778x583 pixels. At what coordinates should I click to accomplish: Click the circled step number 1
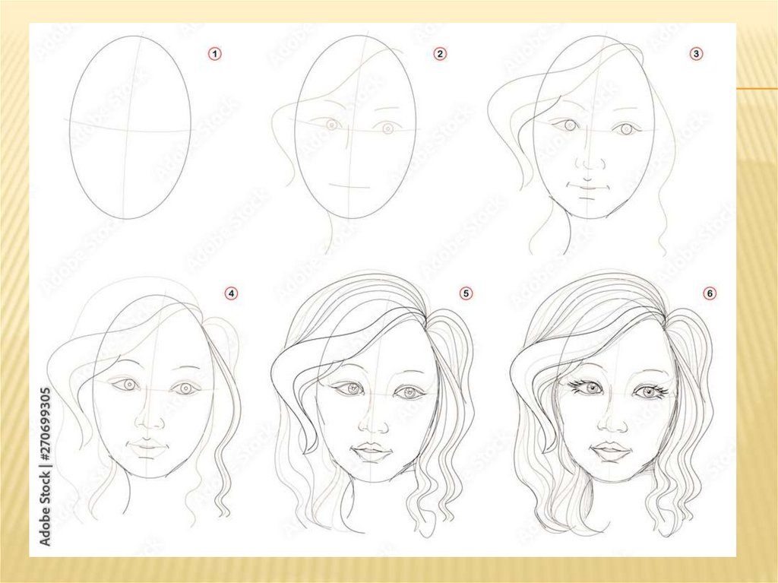tap(214, 54)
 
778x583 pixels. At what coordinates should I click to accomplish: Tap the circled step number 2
tap(440, 54)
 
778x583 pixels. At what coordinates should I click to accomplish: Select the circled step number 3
tap(696, 54)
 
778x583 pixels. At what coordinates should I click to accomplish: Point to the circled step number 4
tap(231, 293)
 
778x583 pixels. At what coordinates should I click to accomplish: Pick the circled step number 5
tap(466, 293)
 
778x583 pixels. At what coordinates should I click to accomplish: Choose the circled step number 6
tap(710, 293)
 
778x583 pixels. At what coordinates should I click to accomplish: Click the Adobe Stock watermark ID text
tap(45, 466)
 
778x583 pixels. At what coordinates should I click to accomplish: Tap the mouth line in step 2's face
tap(349, 187)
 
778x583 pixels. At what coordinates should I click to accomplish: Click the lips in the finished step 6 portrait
tap(610, 449)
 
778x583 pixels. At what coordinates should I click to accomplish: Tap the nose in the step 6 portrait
tap(613, 422)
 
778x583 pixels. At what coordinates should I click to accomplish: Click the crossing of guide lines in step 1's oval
tap(128, 131)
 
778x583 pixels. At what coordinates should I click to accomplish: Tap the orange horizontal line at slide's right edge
tap(757, 88)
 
